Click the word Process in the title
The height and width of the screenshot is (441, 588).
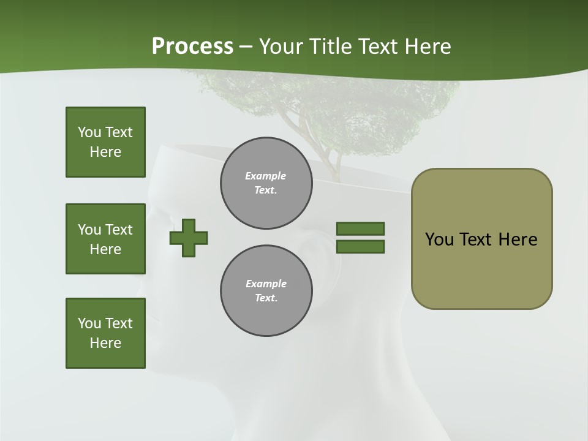192,47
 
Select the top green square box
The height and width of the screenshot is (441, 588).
105,142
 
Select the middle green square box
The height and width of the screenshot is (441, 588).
105,239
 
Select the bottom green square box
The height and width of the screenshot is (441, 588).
105,333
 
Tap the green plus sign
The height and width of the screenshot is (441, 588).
189,238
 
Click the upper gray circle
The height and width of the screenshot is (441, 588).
266,183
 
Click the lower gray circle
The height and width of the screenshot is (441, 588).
266,291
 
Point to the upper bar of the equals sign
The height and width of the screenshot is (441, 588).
360,228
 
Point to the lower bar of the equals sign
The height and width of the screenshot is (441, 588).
360,247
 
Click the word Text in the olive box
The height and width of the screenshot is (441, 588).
477,239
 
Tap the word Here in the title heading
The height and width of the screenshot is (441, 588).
429,47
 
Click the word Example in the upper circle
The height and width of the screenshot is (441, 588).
265,176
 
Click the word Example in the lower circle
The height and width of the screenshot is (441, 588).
266,284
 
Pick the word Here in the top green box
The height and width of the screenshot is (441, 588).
105,152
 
